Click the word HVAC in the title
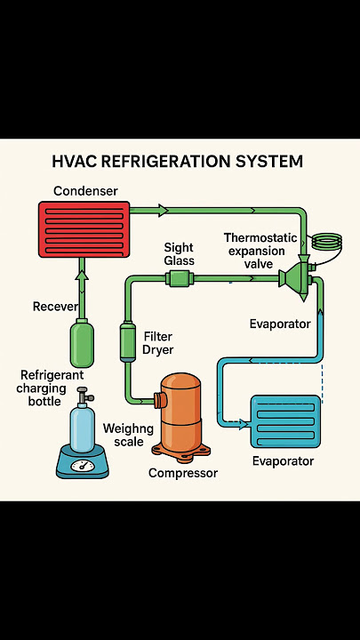click(x=74, y=161)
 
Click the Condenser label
click(x=85, y=190)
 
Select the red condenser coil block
click(x=84, y=229)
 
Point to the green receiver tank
click(x=82, y=343)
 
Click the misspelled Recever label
click(x=55, y=306)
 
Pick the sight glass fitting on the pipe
click(x=180, y=279)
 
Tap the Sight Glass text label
click(x=179, y=254)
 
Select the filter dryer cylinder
click(x=127, y=341)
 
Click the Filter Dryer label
click(x=159, y=343)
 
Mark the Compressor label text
click(x=183, y=473)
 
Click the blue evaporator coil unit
click(x=285, y=421)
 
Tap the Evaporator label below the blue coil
click(x=283, y=461)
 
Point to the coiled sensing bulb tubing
click(x=326, y=241)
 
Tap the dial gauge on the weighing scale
click(x=83, y=465)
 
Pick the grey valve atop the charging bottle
click(x=84, y=395)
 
